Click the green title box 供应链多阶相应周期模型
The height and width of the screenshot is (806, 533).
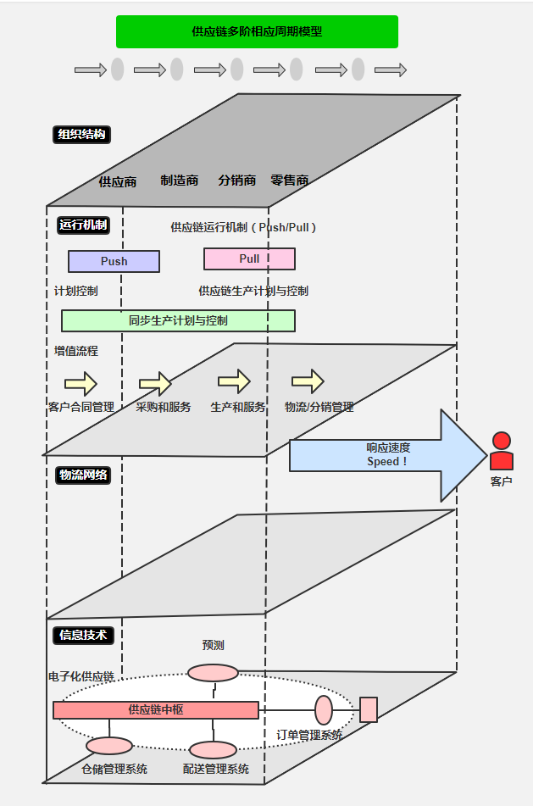(x=257, y=32)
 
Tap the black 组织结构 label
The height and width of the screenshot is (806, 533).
(x=82, y=134)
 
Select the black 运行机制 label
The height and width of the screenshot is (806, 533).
(x=82, y=225)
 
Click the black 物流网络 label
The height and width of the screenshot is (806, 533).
(x=83, y=475)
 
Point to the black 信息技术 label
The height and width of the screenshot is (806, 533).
(x=83, y=634)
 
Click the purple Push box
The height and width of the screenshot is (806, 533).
(x=114, y=261)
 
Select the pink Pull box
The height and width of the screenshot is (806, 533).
(x=249, y=258)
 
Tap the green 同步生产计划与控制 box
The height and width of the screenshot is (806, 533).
(x=178, y=320)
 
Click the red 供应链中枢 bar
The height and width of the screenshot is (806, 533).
(x=156, y=709)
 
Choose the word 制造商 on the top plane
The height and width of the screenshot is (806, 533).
(x=180, y=181)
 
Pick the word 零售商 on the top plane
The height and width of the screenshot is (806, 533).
(x=289, y=181)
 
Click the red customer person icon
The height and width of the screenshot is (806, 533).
(x=502, y=452)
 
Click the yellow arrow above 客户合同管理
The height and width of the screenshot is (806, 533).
(x=81, y=383)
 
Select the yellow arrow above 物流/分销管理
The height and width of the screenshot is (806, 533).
(x=308, y=381)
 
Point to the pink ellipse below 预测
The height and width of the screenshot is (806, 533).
(x=213, y=673)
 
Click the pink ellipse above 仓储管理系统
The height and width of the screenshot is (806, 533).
(x=109, y=746)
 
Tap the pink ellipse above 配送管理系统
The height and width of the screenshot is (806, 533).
(x=213, y=750)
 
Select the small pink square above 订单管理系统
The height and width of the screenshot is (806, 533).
(x=369, y=709)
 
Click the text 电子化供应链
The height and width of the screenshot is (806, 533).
(x=81, y=676)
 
